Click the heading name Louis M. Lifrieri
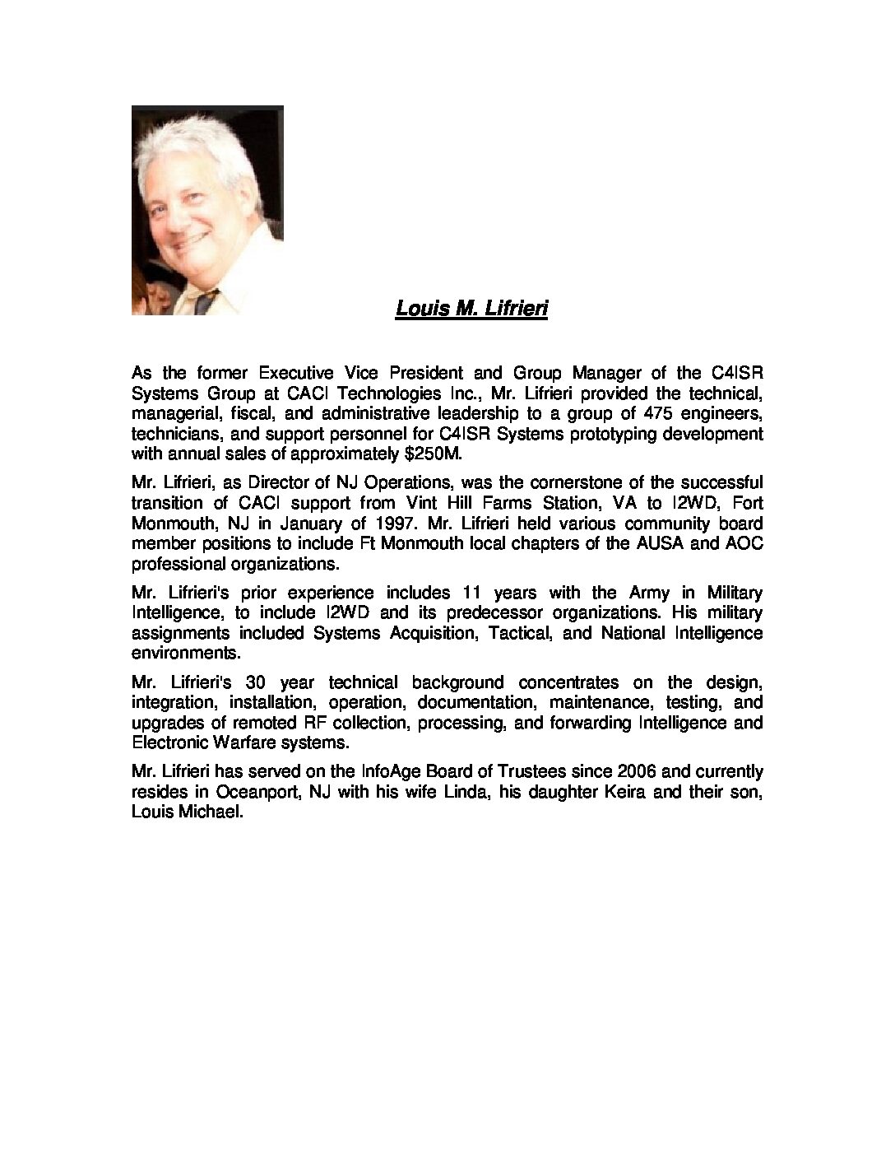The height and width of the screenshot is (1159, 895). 471,309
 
